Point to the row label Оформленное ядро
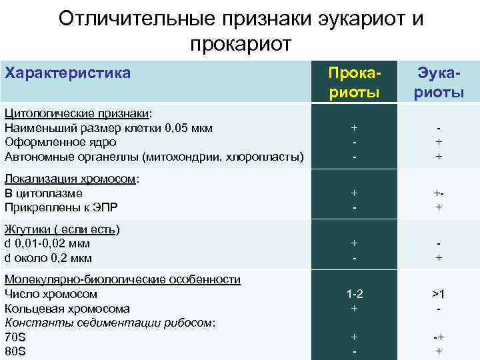pyautogui.click(x=60, y=142)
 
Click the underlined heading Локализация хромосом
pyautogui.click(x=71, y=179)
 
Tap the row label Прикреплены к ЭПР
pyautogui.click(x=61, y=208)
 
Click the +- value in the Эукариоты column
pyautogui.click(x=439, y=193)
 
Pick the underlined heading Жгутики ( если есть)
pyautogui.click(x=62, y=229)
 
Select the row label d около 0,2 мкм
pyautogui.click(x=47, y=259)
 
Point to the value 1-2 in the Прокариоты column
pyautogui.click(x=354, y=294)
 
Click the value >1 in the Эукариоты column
pyautogui.click(x=439, y=294)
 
